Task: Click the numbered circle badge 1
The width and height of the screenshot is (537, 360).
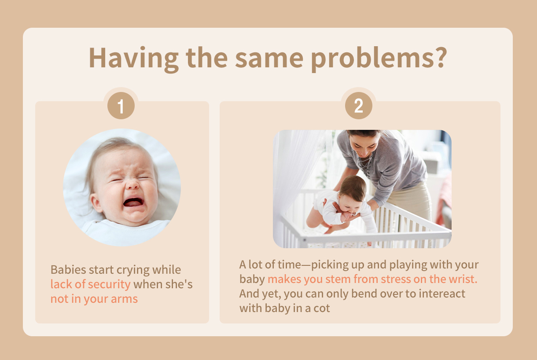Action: pos(121,106)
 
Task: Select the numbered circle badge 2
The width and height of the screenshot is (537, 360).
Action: pos(359,106)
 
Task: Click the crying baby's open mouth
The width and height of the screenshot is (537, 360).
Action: pos(133,202)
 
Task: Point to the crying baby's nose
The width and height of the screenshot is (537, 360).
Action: pos(132,184)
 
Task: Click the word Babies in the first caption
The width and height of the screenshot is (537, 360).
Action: pos(68,270)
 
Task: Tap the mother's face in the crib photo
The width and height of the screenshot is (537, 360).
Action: pos(364,145)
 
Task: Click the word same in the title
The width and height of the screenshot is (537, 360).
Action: pos(269,59)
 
